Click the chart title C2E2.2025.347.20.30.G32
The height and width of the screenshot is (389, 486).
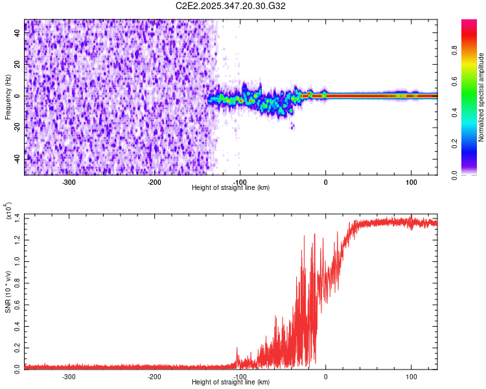click(231, 6)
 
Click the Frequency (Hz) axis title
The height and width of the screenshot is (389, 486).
click(8, 97)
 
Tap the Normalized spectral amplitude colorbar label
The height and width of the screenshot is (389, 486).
click(481, 97)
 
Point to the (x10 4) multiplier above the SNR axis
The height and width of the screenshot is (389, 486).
click(9, 211)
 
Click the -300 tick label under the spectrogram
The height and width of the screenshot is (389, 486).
click(69, 182)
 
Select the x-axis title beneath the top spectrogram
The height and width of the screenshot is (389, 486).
click(231, 188)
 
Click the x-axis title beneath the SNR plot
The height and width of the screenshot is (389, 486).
click(231, 383)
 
